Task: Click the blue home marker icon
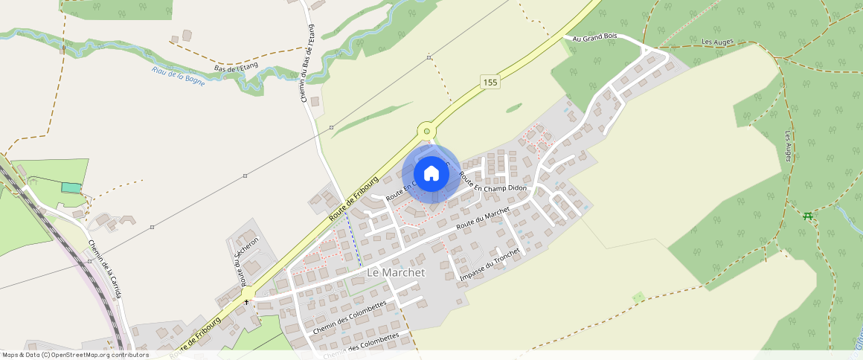pos(431,174)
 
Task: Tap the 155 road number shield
pos(489,82)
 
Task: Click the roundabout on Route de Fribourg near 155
pos(426,131)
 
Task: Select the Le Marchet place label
pos(396,273)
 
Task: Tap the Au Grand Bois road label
pos(597,38)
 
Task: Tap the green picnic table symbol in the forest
pos(807,216)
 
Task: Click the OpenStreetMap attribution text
pos(75,355)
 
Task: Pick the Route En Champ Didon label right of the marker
pos(493,185)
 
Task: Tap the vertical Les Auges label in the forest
pos(790,147)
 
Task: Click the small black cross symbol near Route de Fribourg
pos(247,303)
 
